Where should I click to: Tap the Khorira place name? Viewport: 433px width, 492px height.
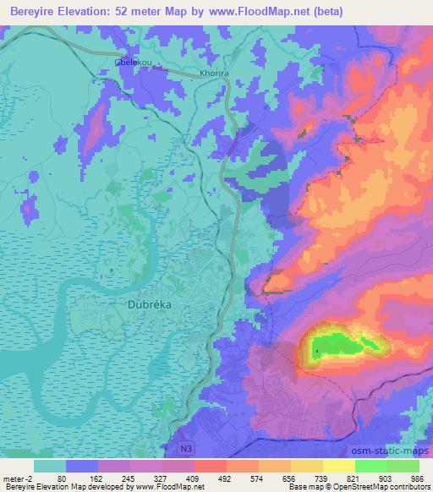coord(214,74)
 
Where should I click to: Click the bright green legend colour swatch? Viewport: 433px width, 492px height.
coord(371,465)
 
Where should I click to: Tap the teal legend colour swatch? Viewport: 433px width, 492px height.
coord(50,465)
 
